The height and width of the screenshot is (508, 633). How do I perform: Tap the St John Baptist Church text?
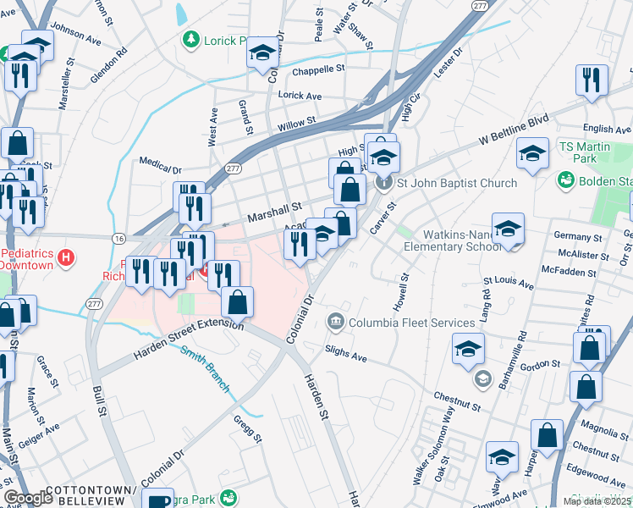point(457,183)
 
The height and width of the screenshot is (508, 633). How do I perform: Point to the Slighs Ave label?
point(347,354)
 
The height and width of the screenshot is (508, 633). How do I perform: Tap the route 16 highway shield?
point(118,240)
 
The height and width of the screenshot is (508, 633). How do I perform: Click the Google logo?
point(29,498)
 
